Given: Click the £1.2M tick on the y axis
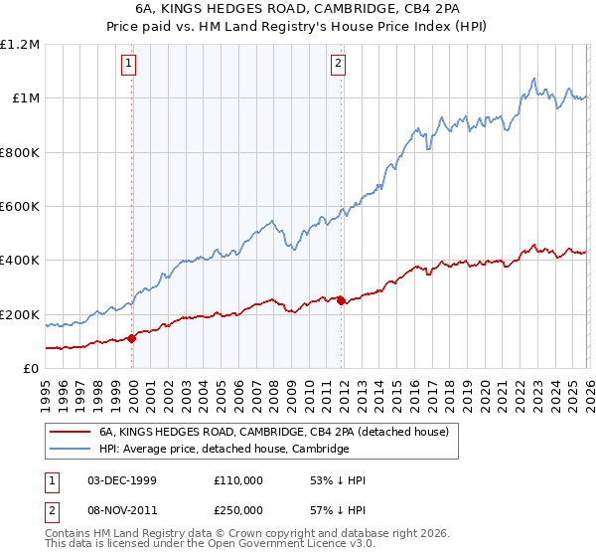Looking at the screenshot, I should (x=21, y=45).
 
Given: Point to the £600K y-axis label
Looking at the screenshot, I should (x=20, y=207).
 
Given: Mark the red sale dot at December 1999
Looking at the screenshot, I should (x=132, y=338).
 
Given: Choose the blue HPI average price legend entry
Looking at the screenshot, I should (x=223, y=450).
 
